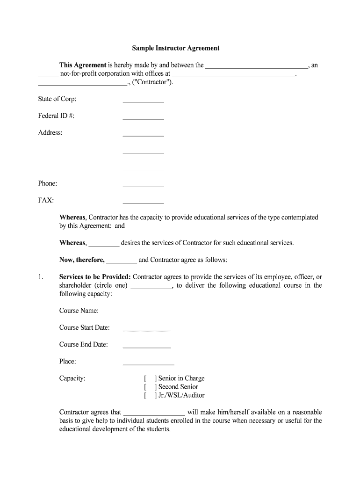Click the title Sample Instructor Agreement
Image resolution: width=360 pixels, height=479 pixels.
pos(175,48)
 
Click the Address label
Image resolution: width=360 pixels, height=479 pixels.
pos(50,133)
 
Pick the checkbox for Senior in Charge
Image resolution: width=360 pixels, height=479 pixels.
pos(150,378)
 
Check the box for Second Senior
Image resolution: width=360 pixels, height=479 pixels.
pos(150,387)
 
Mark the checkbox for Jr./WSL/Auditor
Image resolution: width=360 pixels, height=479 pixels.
pos(150,395)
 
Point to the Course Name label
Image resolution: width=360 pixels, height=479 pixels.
pos(79,311)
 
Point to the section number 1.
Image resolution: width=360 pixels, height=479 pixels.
pos(41,277)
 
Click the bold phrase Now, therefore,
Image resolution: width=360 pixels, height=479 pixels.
pos(82,260)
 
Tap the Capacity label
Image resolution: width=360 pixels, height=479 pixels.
pos(72,378)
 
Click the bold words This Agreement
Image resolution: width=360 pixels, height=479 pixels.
pos(83,65)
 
